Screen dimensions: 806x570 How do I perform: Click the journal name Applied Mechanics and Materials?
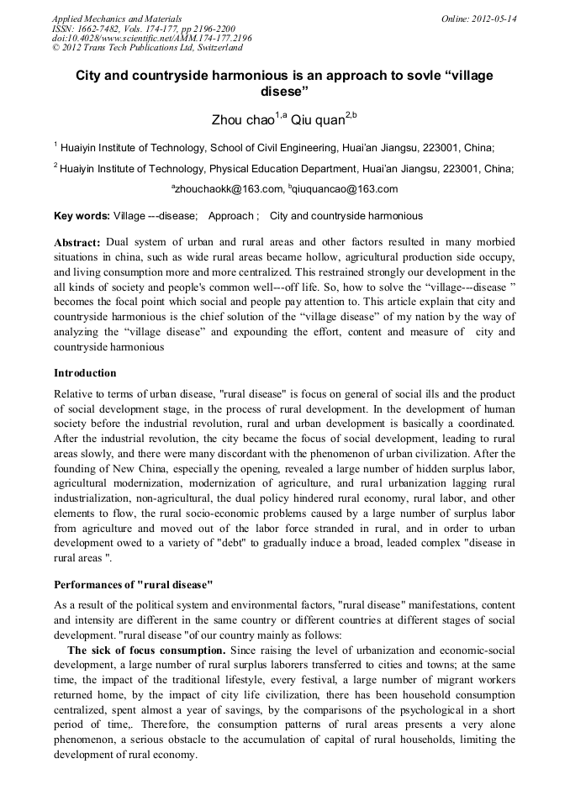click(117, 18)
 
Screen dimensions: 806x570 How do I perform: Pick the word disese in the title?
click(284, 90)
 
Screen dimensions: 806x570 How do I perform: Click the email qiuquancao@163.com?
click(345, 189)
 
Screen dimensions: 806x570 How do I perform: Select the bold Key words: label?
click(82, 216)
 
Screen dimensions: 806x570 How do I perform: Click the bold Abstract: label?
click(77, 242)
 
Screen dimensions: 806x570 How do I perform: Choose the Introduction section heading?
click(85, 372)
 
